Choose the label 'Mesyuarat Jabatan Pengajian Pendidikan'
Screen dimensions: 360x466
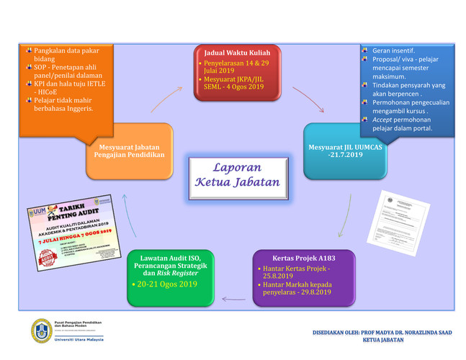[x=130, y=150]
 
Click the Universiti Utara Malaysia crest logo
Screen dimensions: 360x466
[x=41, y=329]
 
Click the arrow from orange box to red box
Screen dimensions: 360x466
[x=167, y=100]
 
